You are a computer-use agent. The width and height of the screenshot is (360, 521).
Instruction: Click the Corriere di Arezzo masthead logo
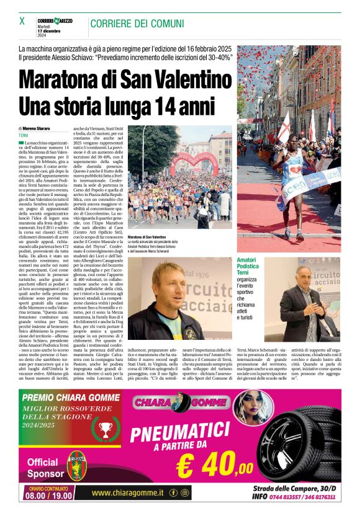(x=54, y=21)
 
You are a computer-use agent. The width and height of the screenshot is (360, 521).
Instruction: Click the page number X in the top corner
(x=22, y=21)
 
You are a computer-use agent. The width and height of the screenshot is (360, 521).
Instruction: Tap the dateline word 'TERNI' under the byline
(x=24, y=135)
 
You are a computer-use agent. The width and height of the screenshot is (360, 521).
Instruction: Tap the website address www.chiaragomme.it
(x=127, y=493)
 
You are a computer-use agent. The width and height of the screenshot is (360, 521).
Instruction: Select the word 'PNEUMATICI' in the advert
(x=186, y=434)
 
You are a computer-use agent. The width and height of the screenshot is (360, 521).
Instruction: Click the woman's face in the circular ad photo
(x=269, y=406)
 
